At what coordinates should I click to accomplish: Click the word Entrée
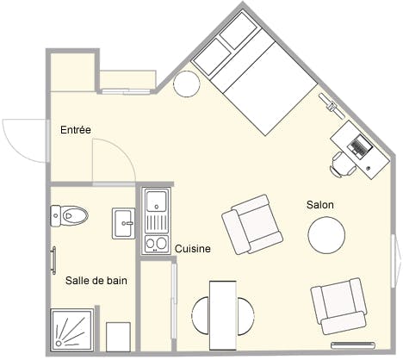click(76, 130)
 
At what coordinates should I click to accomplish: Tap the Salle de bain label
click(97, 280)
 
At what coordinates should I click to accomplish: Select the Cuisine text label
click(193, 249)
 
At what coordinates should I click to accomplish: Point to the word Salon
click(319, 205)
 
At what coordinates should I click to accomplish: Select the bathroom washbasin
click(123, 223)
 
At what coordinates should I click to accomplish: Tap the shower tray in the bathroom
click(73, 332)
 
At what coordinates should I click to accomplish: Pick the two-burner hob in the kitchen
click(156, 243)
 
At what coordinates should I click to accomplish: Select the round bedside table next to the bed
click(187, 84)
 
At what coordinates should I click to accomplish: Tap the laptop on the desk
click(360, 145)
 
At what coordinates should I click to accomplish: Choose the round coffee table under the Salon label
click(327, 233)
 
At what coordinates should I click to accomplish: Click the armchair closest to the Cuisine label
click(251, 224)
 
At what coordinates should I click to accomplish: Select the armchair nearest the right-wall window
click(341, 305)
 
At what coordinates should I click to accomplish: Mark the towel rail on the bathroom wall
click(53, 260)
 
